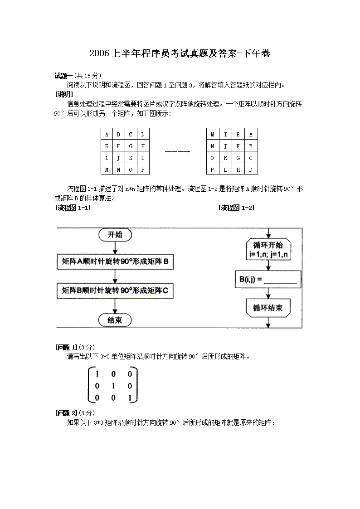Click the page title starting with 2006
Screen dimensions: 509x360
(180, 53)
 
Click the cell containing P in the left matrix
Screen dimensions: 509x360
(142, 170)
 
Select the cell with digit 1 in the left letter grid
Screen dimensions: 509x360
(106, 158)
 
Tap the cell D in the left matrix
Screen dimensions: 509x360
(142, 134)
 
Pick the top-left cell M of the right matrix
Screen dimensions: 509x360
(212, 134)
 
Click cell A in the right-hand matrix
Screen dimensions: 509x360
(251, 134)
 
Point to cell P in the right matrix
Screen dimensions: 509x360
(212, 170)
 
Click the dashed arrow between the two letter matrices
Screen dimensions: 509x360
(177, 152)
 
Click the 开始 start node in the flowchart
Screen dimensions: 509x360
(115, 235)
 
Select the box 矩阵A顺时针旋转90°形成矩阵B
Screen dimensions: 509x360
(115, 261)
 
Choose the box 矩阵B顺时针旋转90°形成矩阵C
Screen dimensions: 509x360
(115, 291)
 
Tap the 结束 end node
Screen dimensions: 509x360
(115, 320)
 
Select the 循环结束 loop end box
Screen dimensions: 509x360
(268, 308)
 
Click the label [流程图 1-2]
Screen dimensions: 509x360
(236, 208)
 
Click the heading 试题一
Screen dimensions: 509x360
(64, 76)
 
